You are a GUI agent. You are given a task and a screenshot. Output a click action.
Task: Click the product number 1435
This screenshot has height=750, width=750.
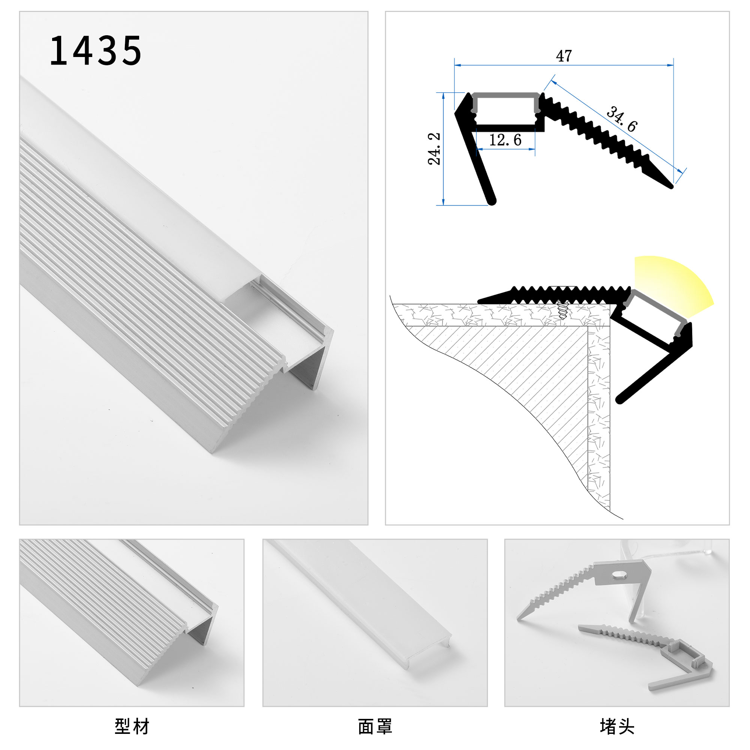click(x=96, y=51)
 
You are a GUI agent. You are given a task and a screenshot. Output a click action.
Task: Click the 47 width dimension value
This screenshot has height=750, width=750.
click(x=564, y=56)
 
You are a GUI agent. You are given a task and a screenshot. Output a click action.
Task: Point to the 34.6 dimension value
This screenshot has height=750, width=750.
click(x=621, y=119)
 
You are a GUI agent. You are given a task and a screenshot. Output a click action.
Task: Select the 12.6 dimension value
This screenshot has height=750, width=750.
click(x=505, y=140)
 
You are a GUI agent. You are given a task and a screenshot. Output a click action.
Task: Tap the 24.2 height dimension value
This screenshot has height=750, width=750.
click(x=434, y=148)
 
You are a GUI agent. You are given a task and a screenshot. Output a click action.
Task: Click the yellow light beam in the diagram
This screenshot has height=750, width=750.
click(x=673, y=285)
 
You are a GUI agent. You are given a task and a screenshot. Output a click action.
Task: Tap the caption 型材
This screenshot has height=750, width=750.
click(x=132, y=726)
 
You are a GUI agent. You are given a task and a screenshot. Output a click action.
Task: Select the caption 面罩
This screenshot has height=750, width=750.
click(x=375, y=726)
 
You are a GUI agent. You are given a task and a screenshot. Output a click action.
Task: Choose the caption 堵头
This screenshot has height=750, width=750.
click(x=617, y=726)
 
